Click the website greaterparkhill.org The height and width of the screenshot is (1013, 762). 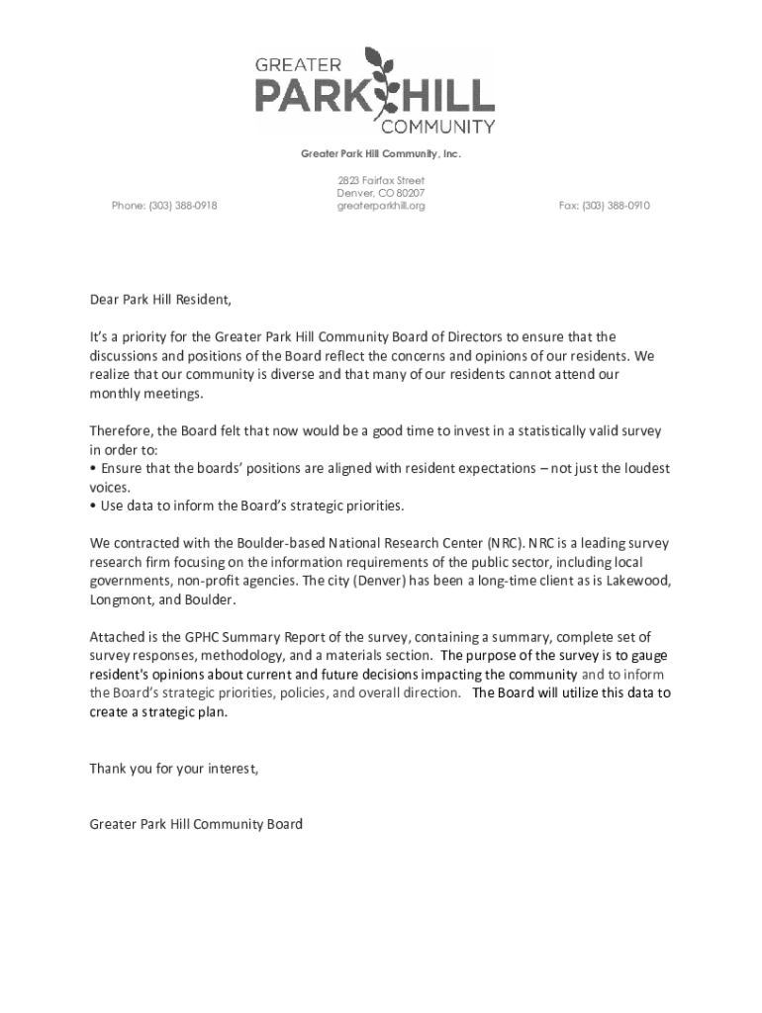(x=381, y=206)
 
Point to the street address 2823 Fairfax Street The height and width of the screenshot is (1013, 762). (x=381, y=181)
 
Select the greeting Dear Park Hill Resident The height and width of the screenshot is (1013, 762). (x=160, y=300)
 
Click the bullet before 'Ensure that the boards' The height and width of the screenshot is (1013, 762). (x=93, y=469)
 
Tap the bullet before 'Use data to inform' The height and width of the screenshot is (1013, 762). (x=93, y=506)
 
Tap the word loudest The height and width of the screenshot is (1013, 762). (x=642, y=469)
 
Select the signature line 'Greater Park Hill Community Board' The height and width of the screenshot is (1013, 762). (x=196, y=823)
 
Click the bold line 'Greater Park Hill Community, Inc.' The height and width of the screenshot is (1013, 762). (x=381, y=154)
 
